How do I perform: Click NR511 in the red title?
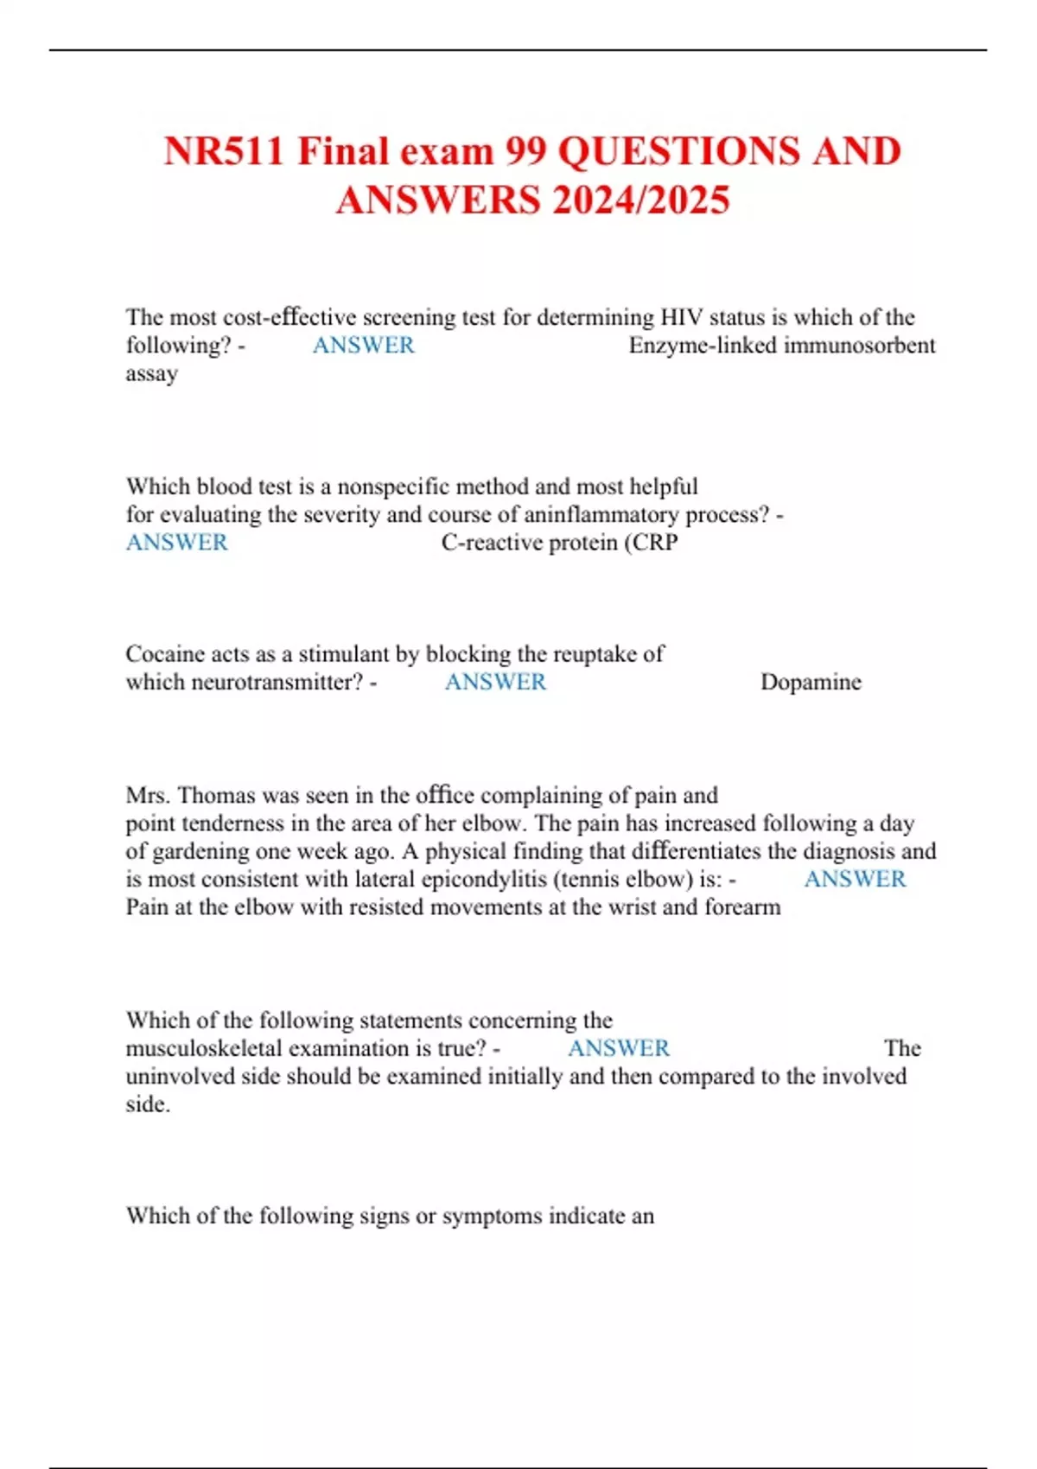(x=224, y=152)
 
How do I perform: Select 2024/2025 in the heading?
(x=641, y=200)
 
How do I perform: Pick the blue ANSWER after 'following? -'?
(x=363, y=346)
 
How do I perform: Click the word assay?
(x=152, y=374)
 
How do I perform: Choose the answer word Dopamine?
(x=811, y=683)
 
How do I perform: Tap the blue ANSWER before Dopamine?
(x=495, y=683)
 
